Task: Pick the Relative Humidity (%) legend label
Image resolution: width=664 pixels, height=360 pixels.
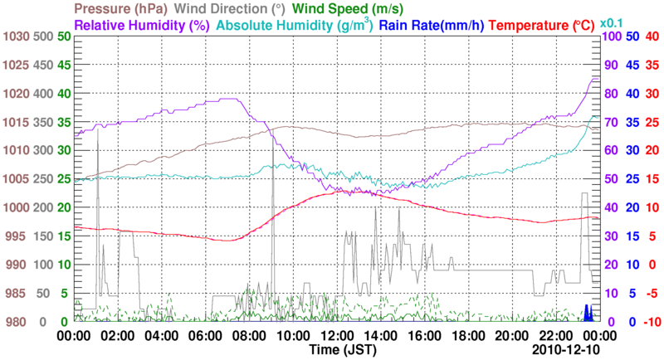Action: [141, 25]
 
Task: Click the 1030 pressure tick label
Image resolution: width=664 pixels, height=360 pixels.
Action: [16, 36]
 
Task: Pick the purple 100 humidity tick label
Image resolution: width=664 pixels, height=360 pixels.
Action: [611, 36]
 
